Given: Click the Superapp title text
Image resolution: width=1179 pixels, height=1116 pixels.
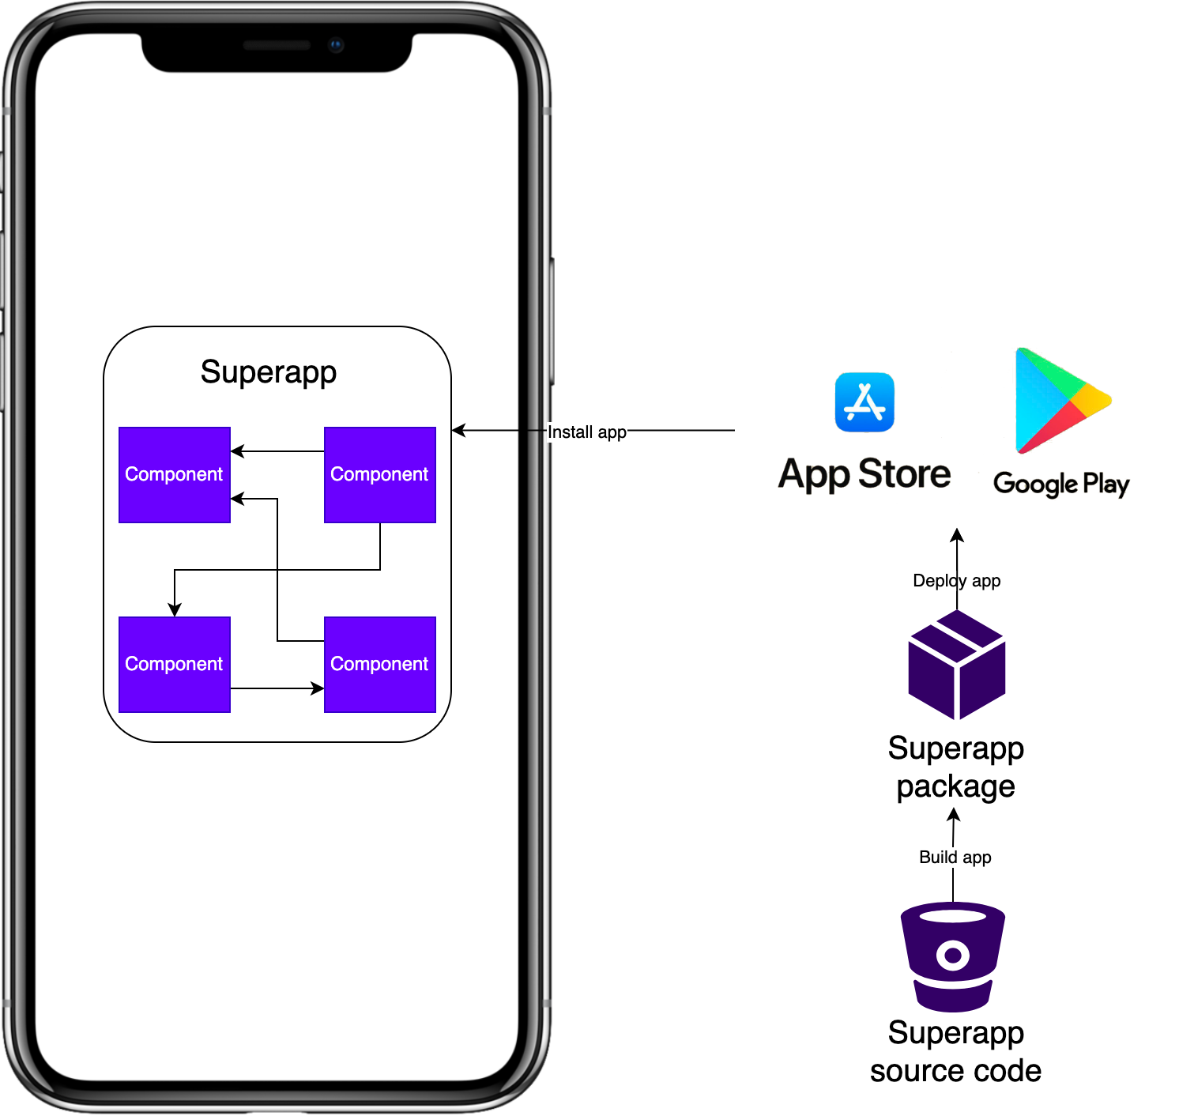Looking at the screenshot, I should (269, 371).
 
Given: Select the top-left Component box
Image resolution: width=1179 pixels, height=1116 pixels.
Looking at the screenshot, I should (174, 474).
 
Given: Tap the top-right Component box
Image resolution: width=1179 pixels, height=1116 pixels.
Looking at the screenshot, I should (379, 474).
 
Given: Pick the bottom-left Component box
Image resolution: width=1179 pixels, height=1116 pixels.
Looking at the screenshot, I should (174, 664).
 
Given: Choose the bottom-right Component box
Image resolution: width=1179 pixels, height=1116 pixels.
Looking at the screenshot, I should (379, 664).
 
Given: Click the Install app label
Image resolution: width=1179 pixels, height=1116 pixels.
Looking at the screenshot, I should (587, 432).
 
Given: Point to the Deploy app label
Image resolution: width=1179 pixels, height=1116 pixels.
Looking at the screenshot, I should (956, 581).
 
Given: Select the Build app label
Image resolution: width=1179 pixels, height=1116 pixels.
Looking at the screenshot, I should (955, 858).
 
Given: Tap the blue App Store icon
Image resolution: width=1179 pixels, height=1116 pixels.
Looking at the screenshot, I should (864, 402).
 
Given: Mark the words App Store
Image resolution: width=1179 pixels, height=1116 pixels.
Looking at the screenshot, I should (864, 474).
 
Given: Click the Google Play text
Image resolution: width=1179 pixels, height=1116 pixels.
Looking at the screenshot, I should (1060, 483).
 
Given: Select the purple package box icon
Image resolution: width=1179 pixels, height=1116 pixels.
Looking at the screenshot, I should (956, 665).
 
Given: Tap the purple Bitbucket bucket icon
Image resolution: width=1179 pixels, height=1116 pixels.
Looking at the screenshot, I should (953, 956).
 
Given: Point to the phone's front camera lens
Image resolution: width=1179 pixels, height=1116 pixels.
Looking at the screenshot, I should (336, 45).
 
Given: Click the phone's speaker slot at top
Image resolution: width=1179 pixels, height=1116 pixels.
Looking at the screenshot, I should (277, 45).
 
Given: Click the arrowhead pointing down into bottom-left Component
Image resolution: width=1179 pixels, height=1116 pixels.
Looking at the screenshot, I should (175, 609).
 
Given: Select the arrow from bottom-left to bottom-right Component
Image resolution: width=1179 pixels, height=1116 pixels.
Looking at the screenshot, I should (277, 688).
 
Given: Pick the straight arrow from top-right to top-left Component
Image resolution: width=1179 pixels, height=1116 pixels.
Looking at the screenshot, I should (277, 451).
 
